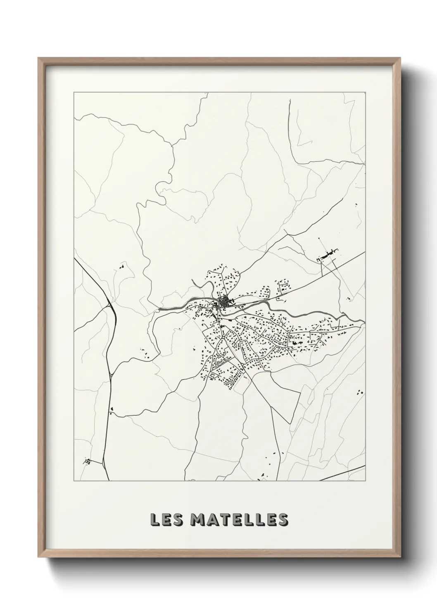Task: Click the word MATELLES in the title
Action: coord(239,520)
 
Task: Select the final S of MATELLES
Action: coord(283,520)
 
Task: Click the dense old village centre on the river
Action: coord(225,302)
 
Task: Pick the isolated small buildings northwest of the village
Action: coord(122,267)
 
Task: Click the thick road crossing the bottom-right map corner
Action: coord(343,474)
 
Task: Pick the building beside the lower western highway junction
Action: coord(112,410)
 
